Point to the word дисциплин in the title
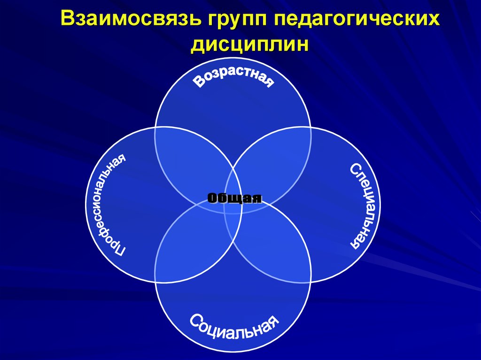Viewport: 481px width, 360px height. click(x=251, y=46)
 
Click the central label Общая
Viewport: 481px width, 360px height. click(x=233, y=198)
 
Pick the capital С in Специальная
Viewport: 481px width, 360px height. click(x=356, y=169)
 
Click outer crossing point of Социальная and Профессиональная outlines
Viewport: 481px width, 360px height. click(x=155, y=282)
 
